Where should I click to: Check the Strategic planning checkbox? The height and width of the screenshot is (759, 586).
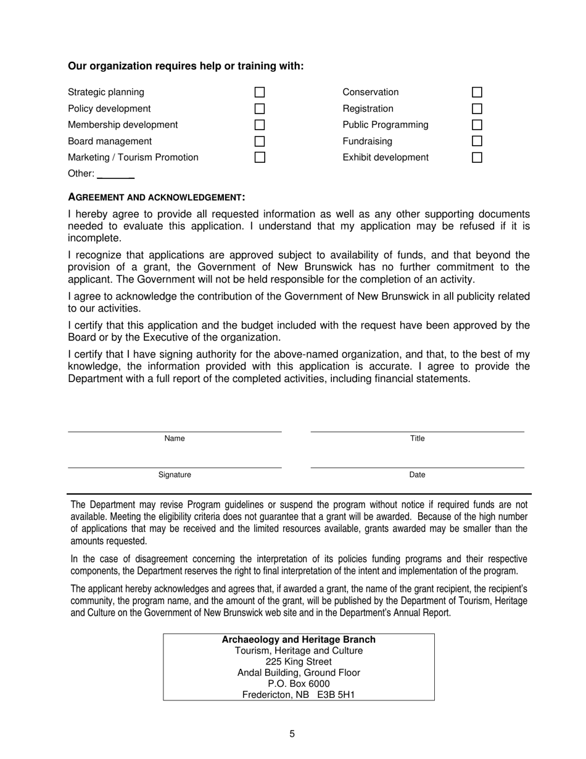click(x=260, y=93)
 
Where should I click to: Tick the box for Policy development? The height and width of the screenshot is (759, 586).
click(x=260, y=109)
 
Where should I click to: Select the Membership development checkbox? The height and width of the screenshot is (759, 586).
click(x=260, y=125)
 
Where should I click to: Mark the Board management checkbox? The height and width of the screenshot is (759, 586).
click(x=260, y=141)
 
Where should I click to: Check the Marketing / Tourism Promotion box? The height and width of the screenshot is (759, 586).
click(x=260, y=157)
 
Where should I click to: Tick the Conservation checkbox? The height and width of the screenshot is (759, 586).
click(x=477, y=93)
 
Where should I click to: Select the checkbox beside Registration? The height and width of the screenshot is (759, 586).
click(x=477, y=109)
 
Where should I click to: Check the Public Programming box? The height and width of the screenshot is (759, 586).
click(x=477, y=125)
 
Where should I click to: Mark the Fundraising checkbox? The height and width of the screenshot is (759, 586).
click(x=477, y=141)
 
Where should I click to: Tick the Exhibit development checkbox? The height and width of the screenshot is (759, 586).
click(x=477, y=157)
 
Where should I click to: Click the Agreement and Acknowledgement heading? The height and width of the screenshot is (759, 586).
click(x=157, y=197)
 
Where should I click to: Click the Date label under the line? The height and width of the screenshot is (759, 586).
click(x=418, y=475)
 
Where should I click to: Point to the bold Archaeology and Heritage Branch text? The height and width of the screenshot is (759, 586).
click(x=299, y=640)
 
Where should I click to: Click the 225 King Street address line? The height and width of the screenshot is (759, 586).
click(x=299, y=662)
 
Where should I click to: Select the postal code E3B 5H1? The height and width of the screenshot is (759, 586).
click(x=336, y=695)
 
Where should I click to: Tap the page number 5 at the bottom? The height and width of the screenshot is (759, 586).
click(x=292, y=734)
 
